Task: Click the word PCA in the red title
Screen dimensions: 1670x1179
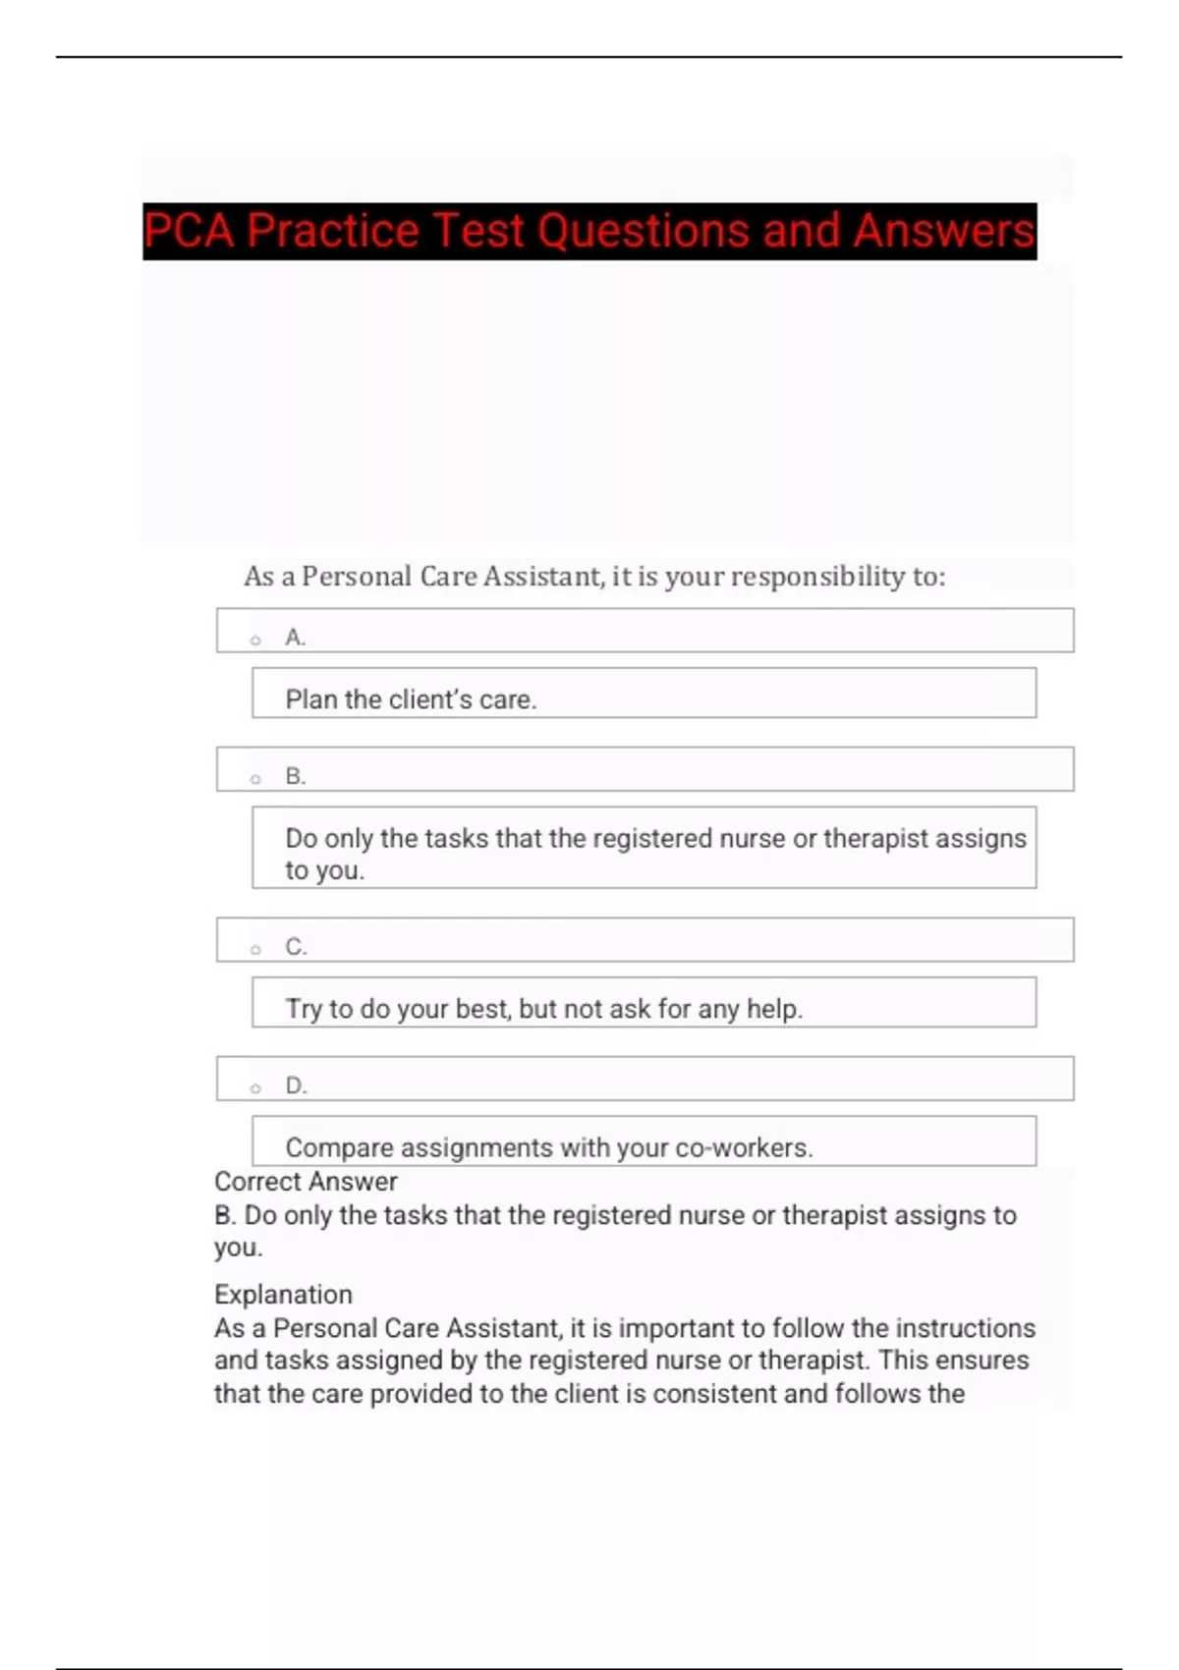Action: click(x=190, y=231)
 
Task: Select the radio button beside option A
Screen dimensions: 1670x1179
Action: click(x=255, y=640)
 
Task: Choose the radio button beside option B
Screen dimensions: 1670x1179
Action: click(x=255, y=779)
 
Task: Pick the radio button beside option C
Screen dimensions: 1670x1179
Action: click(x=255, y=950)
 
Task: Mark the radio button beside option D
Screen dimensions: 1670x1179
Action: click(x=255, y=1088)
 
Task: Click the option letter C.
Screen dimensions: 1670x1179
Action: click(x=296, y=947)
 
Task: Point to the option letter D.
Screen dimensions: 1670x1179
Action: click(x=296, y=1085)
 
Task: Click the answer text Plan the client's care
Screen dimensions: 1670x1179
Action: click(x=411, y=699)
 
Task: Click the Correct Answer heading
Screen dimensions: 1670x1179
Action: click(x=306, y=1182)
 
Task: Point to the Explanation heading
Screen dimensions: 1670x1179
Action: click(x=283, y=1295)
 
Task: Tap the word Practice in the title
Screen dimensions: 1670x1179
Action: click(x=333, y=231)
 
